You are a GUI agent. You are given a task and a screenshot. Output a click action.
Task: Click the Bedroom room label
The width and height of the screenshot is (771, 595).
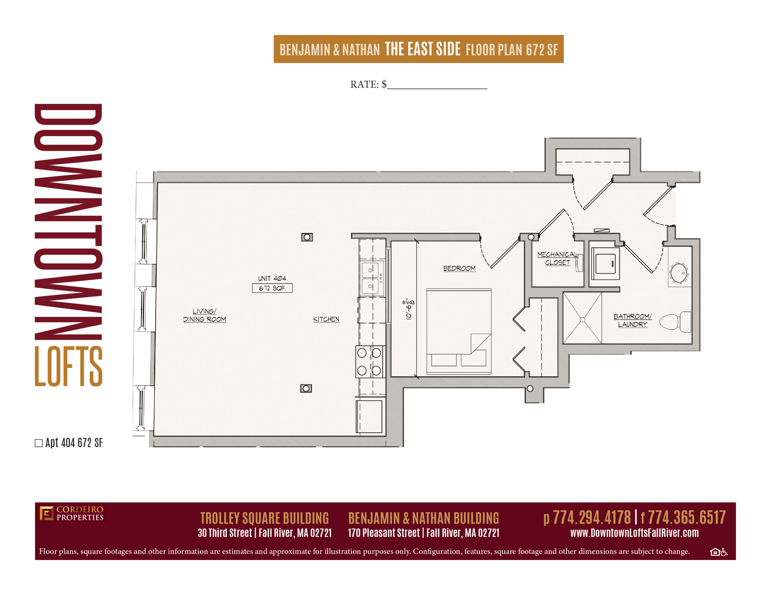point(459,268)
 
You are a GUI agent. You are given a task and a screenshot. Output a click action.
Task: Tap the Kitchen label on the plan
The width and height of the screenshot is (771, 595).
point(326,319)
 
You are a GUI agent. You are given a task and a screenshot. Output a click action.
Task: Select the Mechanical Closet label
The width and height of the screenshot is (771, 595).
point(557,258)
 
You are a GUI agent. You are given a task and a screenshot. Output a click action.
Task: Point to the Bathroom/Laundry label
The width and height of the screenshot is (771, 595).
point(632,320)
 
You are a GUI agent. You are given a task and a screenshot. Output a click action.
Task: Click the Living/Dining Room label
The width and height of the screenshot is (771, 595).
point(204,315)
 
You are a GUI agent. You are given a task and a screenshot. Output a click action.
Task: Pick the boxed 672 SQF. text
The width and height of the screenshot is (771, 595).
point(272,288)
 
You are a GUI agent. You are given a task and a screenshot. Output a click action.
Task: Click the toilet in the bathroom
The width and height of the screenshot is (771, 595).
point(675,321)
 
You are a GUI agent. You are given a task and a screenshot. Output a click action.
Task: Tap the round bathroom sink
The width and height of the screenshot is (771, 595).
point(679,273)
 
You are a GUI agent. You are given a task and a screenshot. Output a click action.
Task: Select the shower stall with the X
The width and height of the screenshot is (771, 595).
point(582,318)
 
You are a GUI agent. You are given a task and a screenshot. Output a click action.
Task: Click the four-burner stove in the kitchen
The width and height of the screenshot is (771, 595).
point(370,362)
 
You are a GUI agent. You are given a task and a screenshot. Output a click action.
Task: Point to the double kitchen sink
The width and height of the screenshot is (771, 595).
point(371,278)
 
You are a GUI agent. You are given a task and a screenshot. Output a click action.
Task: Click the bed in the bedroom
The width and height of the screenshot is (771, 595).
point(459,331)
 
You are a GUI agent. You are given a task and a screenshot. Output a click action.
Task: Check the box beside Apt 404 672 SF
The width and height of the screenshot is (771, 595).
point(39,443)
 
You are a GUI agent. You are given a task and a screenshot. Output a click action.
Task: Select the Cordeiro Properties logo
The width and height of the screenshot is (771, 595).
point(71,513)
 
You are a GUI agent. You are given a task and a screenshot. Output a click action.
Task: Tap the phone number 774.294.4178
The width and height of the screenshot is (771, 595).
point(592,517)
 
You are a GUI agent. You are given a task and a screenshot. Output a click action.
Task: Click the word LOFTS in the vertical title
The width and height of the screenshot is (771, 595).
point(68,366)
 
